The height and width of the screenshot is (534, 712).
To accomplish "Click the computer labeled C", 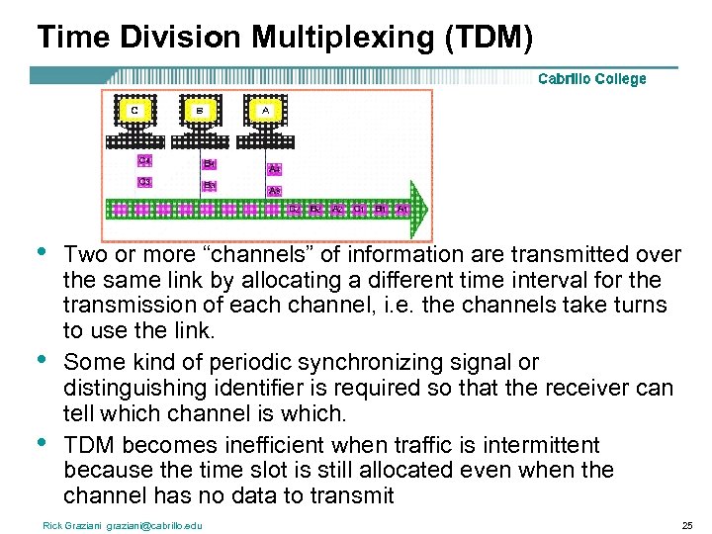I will [133, 114].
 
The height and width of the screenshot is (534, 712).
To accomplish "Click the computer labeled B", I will [200, 114].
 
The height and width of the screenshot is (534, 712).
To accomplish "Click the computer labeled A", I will [265, 114].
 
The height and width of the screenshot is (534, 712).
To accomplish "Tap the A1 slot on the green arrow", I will [401, 210].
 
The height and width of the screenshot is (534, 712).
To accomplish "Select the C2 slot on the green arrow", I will [295, 210].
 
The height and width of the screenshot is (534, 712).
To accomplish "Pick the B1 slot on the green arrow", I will [381, 210].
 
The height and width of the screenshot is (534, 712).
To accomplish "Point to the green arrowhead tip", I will [429, 209].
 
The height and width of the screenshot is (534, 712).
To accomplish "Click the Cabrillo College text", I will [591, 79].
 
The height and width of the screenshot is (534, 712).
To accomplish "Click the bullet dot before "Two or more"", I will [41, 251].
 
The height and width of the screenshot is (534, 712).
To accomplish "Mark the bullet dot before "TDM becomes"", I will [41, 443].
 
